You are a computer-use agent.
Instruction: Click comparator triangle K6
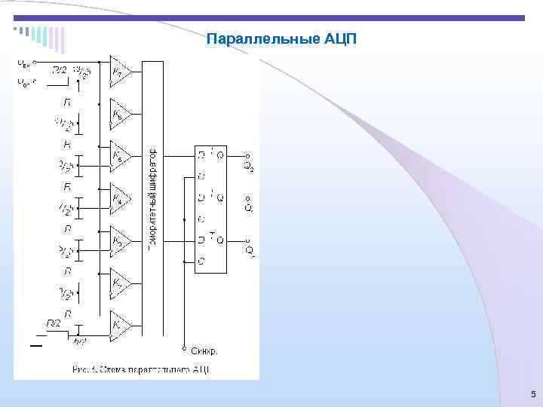tap(120, 114)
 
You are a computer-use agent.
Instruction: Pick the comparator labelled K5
tap(120, 156)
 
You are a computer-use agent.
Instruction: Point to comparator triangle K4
tap(120, 198)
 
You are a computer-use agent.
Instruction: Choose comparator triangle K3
tap(120, 240)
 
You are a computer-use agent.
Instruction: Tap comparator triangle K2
tap(120, 283)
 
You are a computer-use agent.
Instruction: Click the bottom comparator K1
tap(120, 325)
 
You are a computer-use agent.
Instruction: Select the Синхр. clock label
tap(204, 351)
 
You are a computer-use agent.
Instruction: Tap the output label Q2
tap(249, 167)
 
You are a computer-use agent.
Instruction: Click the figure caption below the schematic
tap(141, 369)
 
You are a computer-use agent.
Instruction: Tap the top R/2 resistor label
tap(59, 70)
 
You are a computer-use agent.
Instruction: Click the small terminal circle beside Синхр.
tap(185, 349)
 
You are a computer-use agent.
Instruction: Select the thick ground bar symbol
tap(36, 346)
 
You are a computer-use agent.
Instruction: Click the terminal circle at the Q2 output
tap(248, 157)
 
